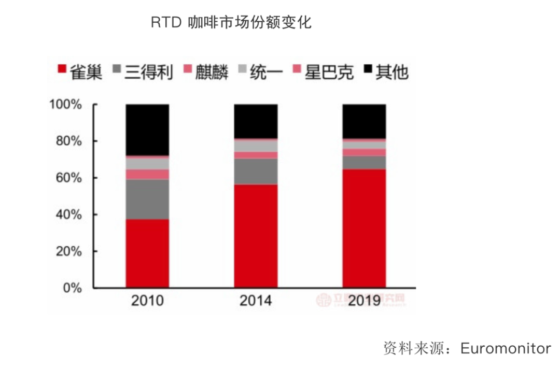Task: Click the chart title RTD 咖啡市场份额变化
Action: (x=231, y=23)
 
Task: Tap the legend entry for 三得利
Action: (x=142, y=72)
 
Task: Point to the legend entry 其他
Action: (x=386, y=72)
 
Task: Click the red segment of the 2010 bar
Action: (x=147, y=253)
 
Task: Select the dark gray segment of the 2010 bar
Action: (x=147, y=199)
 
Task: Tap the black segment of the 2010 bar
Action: (x=147, y=130)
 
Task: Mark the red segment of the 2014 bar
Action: (x=256, y=236)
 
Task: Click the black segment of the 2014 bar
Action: (x=256, y=121)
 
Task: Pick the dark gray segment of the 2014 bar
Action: (x=256, y=171)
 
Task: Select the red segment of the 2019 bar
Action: (x=364, y=228)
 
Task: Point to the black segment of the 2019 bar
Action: (x=364, y=121)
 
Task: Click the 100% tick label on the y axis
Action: (x=65, y=105)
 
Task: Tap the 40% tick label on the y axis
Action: (x=68, y=215)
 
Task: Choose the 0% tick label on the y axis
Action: (x=72, y=288)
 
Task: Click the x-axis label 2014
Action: (x=256, y=301)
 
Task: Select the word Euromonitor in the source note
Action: (x=506, y=348)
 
